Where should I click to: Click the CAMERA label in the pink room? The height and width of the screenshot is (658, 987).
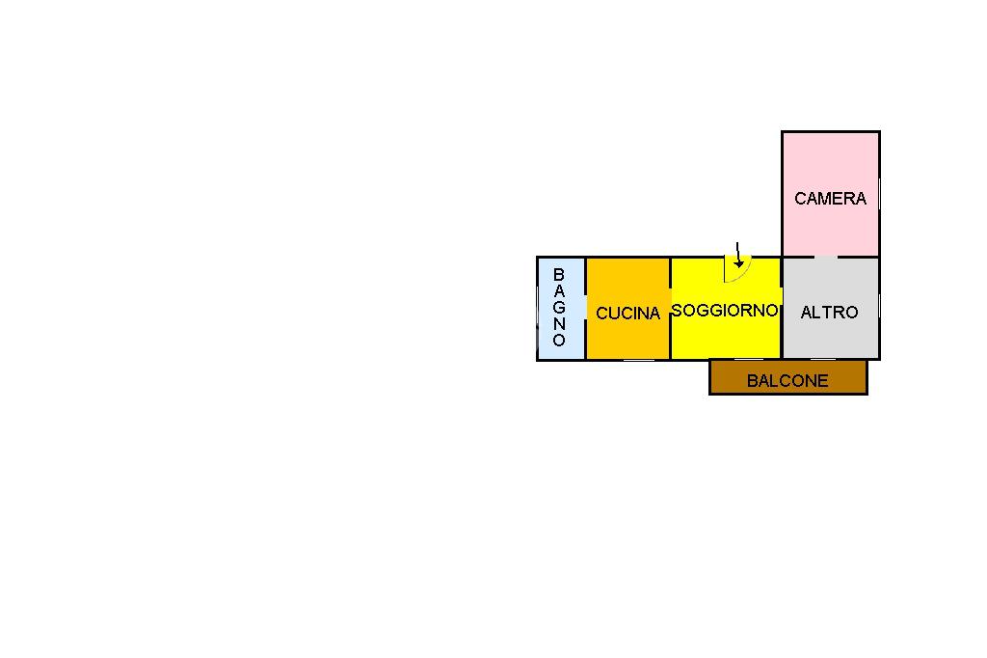(830, 199)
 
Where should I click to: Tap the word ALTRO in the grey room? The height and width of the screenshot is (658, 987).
(829, 312)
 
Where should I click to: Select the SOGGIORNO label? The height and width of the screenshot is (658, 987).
(725, 310)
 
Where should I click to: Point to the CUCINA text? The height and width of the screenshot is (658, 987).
(627, 314)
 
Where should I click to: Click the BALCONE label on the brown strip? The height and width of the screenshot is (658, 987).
(787, 381)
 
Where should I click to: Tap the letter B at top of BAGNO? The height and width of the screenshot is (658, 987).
(558, 275)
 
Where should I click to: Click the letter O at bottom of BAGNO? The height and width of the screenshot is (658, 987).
(559, 340)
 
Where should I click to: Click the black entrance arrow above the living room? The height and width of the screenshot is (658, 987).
(738, 256)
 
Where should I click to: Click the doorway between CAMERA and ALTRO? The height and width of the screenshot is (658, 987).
(826, 258)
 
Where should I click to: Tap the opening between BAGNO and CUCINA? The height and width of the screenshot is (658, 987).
(585, 308)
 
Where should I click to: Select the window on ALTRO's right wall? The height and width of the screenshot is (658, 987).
(879, 308)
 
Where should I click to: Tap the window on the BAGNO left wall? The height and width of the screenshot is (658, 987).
(537, 308)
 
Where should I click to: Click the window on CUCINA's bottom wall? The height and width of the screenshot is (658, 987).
(638, 360)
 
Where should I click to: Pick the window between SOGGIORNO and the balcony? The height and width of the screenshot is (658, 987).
(748, 360)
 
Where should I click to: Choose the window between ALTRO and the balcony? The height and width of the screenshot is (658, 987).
(823, 360)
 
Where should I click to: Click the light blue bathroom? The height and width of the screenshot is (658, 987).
(561, 309)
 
